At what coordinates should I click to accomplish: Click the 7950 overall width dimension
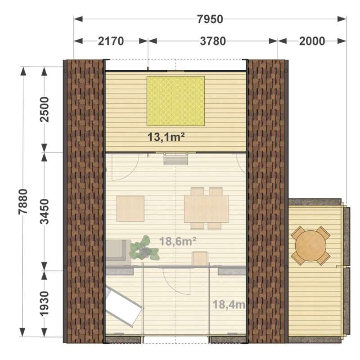210,19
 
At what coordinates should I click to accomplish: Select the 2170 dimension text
111,41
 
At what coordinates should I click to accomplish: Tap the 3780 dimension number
213,41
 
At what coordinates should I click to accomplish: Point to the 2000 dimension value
312,41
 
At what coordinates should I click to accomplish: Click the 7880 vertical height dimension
23,202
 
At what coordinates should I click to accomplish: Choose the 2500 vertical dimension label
44,109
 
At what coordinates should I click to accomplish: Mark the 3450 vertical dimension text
44,211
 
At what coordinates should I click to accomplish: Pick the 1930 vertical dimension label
44,304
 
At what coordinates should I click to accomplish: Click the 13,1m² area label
166,137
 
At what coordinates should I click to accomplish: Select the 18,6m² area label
178,241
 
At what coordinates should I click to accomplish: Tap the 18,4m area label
229,305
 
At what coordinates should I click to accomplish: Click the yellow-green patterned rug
175,101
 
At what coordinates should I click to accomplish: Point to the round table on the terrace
310,246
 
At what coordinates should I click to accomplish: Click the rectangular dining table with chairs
207,209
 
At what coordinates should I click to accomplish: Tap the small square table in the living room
130,209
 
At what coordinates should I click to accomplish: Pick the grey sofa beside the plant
118,252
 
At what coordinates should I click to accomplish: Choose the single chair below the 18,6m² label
200,259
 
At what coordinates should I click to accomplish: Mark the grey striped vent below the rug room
175,160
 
